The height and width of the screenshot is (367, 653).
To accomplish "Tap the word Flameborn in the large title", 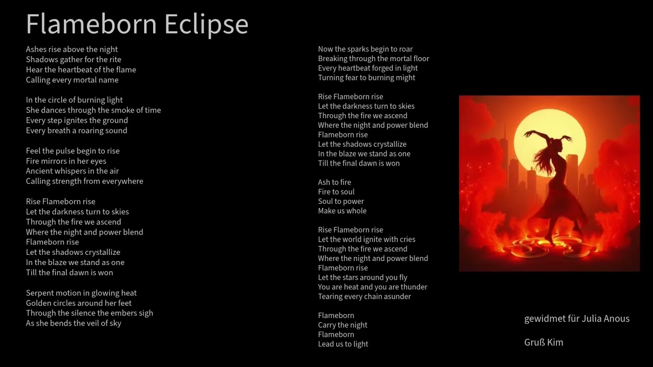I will click(x=91, y=24).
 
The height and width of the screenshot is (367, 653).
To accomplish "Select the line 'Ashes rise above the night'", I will click(x=72, y=49).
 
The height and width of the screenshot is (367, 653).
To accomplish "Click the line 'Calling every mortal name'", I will click(x=72, y=80).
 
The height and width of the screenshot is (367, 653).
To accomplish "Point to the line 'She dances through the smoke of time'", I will click(x=93, y=110).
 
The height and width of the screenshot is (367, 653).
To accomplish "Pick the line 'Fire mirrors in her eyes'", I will click(x=66, y=161).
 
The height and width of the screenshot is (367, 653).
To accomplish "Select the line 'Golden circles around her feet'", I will click(x=79, y=303).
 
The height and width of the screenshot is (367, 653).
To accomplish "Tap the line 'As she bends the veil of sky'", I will click(x=73, y=323).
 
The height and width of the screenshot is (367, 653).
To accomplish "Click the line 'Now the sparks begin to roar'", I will click(x=365, y=49).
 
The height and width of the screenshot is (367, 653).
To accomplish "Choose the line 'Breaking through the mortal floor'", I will click(x=373, y=59).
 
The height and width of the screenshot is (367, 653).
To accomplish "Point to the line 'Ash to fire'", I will click(x=334, y=182).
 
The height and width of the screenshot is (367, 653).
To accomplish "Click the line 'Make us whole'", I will click(x=342, y=211).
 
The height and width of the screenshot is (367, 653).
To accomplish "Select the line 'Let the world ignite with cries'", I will click(x=366, y=240).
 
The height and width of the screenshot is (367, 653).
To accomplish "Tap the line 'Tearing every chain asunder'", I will click(x=364, y=297).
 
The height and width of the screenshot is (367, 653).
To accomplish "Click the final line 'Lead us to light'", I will click(x=343, y=344).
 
